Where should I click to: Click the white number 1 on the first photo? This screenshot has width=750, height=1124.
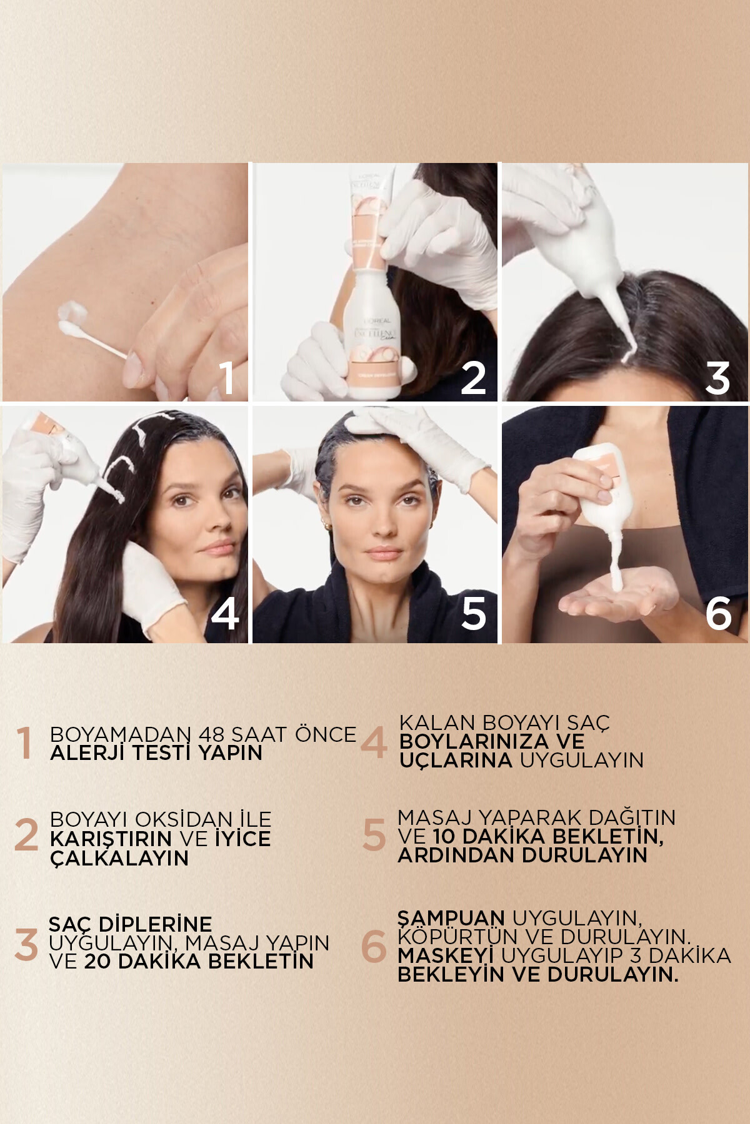(x=227, y=377)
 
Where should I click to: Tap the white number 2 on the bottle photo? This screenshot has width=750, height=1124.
(x=473, y=378)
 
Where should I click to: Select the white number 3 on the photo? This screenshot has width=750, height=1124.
(x=717, y=378)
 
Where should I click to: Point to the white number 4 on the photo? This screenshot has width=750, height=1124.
(x=225, y=613)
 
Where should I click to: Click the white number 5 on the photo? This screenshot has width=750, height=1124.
(x=473, y=613)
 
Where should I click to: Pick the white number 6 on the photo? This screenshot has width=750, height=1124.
(x=718, y=613)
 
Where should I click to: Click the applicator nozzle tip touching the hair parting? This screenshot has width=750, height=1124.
(x=629, y=356)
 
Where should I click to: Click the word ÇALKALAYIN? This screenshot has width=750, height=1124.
(x=119, y=858)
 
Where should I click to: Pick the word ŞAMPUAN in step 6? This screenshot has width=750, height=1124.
(x=451, y=918)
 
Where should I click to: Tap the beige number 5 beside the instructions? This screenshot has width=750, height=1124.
(x=374, y=836)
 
